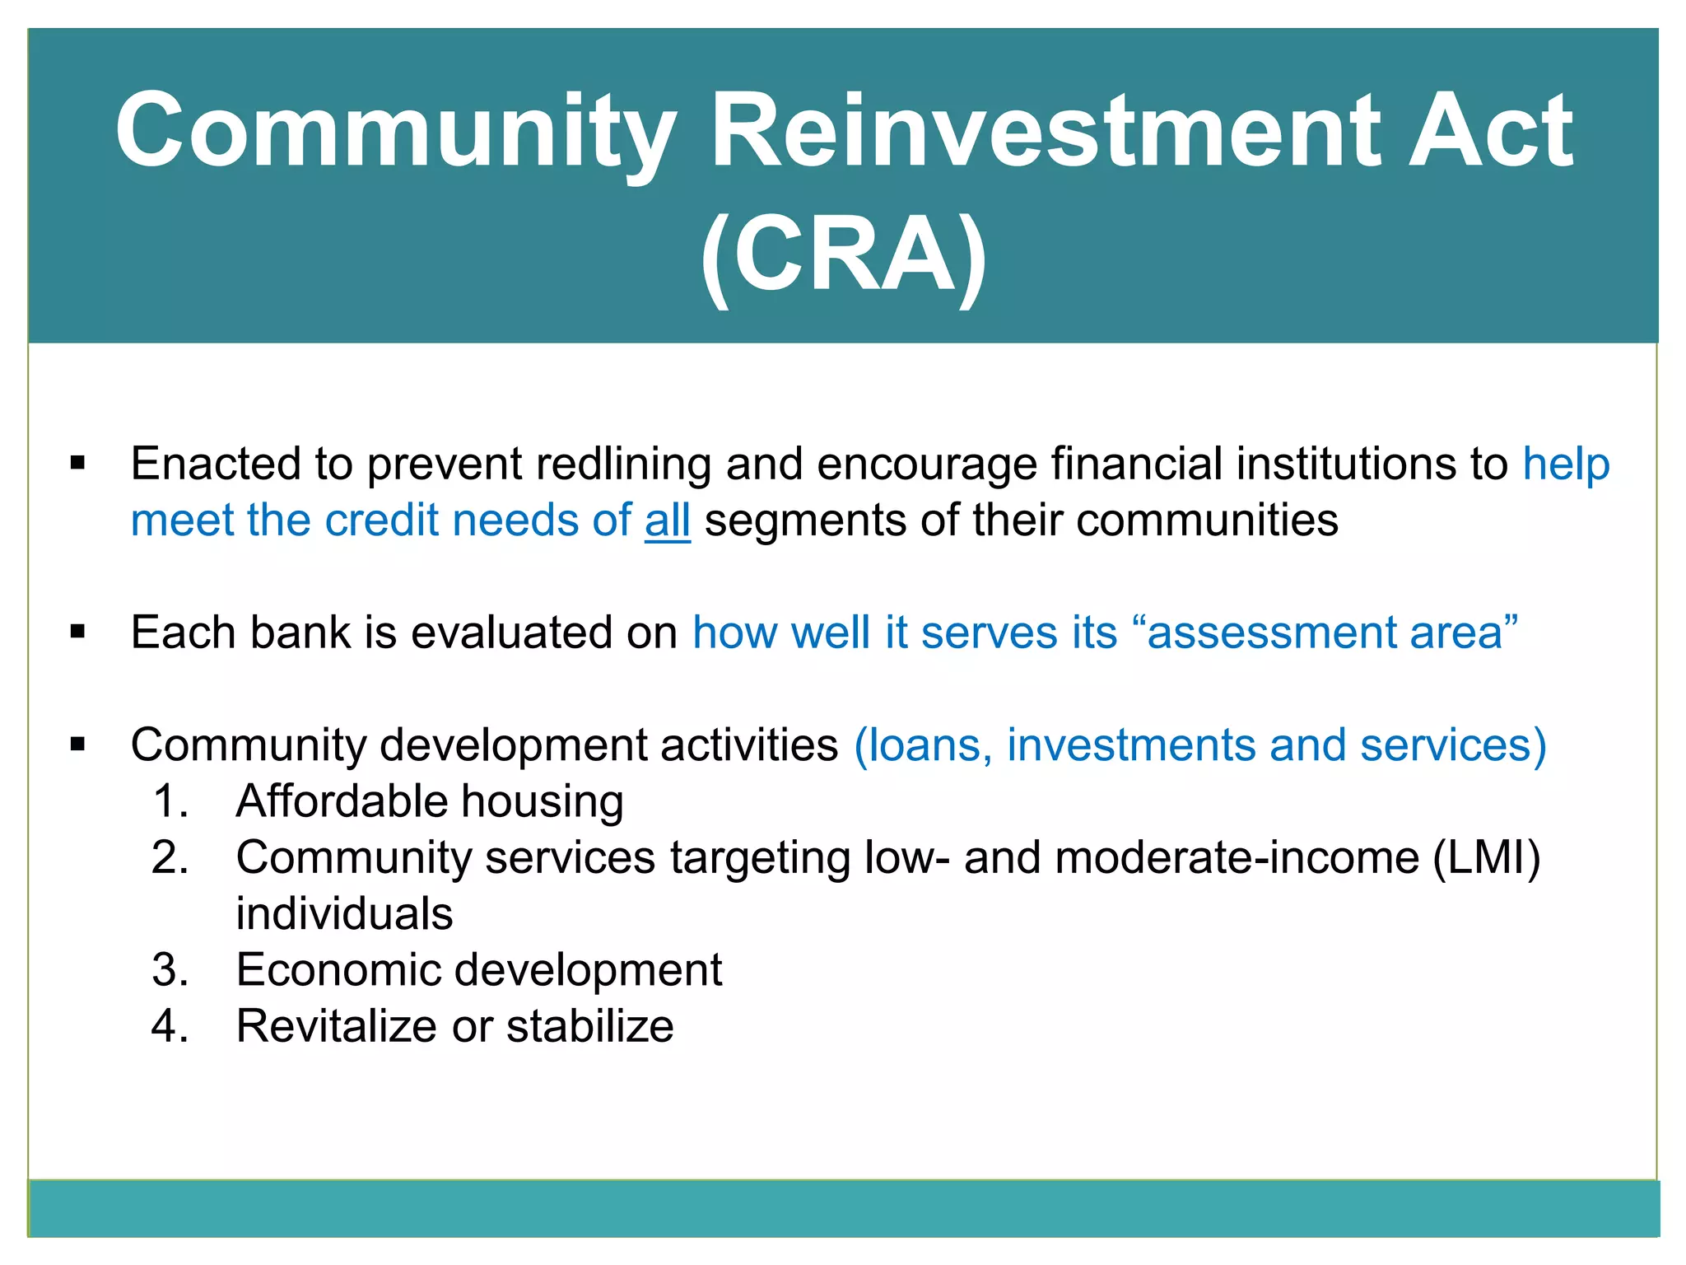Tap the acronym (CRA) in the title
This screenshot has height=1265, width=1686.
coord(843,254)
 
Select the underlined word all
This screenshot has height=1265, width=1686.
coord(667,520)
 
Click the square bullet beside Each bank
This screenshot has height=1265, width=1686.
coord(78,632)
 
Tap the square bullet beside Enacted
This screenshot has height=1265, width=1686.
coord(78,464)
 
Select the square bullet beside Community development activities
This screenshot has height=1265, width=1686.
coord(78,745)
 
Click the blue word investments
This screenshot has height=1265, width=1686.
coord(1130,745)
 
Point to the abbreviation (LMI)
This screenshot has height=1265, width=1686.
coord(1487,857)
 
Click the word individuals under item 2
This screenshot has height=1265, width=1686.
coord(344,913)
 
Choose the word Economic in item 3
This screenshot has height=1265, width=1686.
coord(338,969)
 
